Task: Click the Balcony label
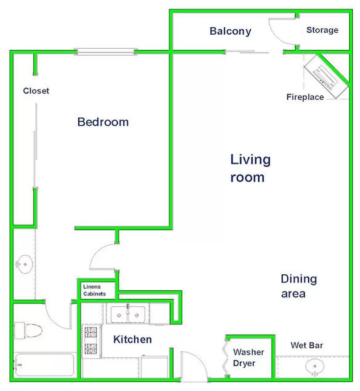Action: pyautogui.click(x=230, y=31)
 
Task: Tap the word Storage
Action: pyautogui.click(x=322, y=30)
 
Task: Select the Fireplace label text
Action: pyautogui.click(x=305, y=97)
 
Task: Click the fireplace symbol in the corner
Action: pyautogui.click(x=326, y=76)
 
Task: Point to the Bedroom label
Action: pyautogui.click(x=103, y=122)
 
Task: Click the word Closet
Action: pyautogui.click(x=36, y=91)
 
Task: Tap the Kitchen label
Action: pyautogui.click(x=132, y=339)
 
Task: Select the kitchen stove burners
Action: pyautogui.click(x=91, y=341)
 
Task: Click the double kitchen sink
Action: pyautogui.click(x=128, y=315)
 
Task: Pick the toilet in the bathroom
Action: pyautogui.click(x=28, y=331)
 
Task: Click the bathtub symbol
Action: pyautogui.click(x=44, y=365)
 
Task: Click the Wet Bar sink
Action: pyautogui.click(x=315, y=367)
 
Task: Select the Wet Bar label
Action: pyautogui.click(x=307, y=345)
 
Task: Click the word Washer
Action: pyautogui.click(x=249, y=352)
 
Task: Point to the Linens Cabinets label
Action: pyautogui.click(x=94, y=290)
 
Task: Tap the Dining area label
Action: pyautogui.click(x=299, y=286)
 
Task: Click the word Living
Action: pyautogui.click(x=250, y=160)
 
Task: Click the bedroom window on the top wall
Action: pyautogui.click(x=106, y=52)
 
